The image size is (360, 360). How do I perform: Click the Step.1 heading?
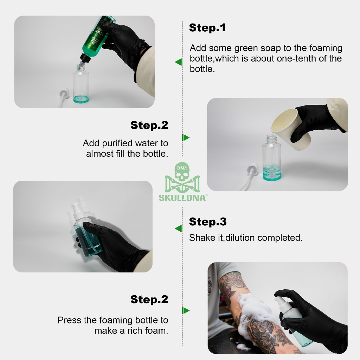[207, 27]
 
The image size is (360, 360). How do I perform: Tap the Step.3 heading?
[208, 222]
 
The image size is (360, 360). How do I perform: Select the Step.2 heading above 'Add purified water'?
[149, 126]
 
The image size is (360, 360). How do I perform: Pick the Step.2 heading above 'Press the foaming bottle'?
[149, 300]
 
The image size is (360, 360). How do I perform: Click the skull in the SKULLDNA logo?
[182, 172]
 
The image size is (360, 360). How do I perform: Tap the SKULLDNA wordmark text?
[182, 198]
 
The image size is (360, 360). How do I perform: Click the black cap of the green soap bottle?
[85, 58]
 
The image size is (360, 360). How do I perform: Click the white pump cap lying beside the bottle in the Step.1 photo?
[64, 94]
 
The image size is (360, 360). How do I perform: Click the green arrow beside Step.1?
[179, 62]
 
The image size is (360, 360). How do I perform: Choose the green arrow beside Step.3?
[179, 229]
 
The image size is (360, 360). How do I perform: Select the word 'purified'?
[117, 143]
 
